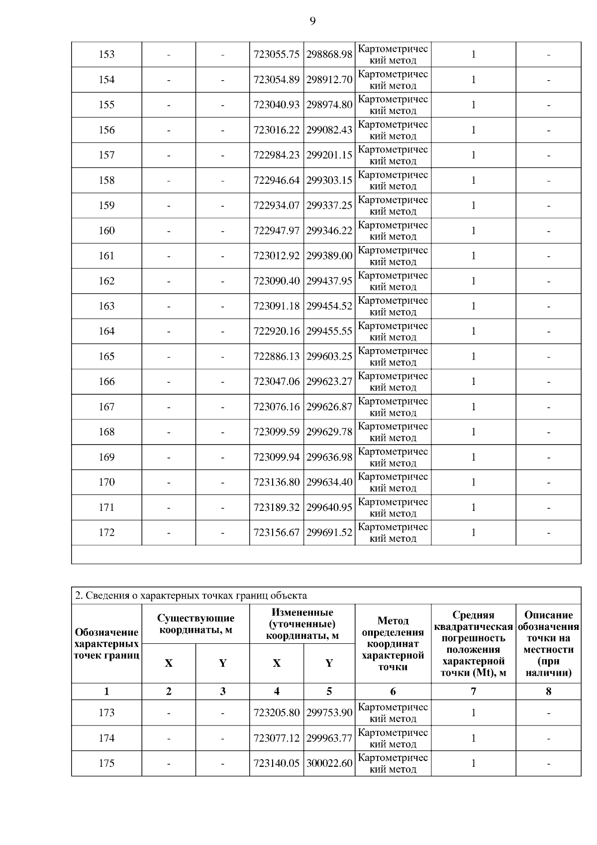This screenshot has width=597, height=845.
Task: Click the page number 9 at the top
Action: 312,21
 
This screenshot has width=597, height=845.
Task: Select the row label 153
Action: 106,54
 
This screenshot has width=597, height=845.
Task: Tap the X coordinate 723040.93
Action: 277,105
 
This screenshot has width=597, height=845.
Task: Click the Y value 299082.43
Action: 329,130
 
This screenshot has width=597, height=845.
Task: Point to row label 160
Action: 106,231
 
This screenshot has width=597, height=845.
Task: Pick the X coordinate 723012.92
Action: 277,256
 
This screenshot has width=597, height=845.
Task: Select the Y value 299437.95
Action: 329,281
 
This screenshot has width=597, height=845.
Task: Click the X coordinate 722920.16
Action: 277,331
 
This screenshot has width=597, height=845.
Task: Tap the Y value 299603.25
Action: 329,357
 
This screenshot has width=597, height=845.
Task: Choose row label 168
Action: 106,432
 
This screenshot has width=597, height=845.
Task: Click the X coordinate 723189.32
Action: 277,507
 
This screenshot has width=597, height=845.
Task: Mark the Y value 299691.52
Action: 329,532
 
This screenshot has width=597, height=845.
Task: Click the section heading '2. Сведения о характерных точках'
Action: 191,596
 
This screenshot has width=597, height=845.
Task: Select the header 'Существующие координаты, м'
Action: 196,624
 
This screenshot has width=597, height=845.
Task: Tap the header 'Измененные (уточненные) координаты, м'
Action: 302,624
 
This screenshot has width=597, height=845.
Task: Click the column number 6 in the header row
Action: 393,691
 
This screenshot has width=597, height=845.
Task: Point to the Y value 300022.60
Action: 329,763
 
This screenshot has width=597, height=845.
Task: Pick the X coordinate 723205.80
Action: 277,713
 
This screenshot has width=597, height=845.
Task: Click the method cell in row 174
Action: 393,738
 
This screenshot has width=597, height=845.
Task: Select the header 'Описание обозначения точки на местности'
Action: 548,644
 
